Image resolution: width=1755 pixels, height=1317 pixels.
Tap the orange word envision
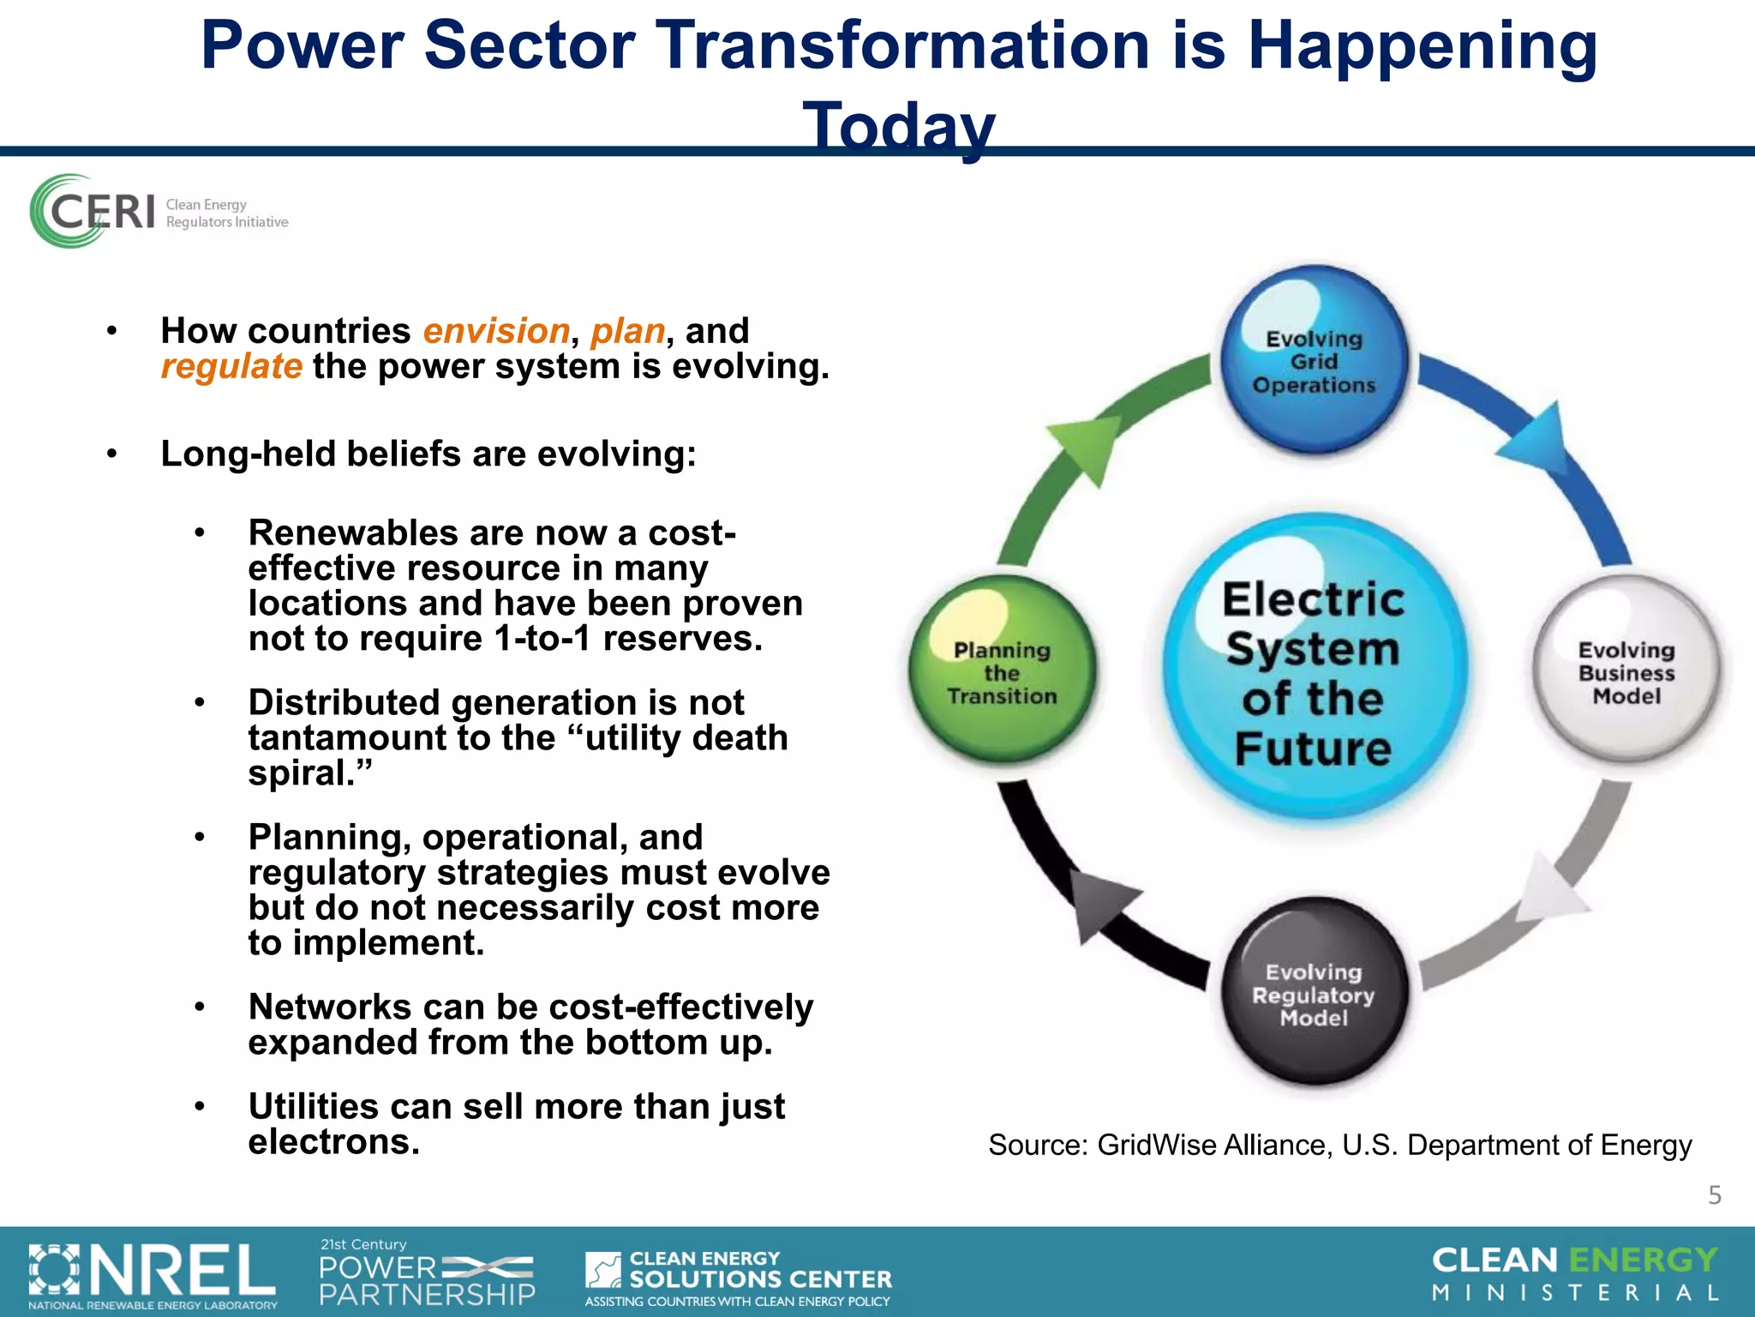[x=496, y=331]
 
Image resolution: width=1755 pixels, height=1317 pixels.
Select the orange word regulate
[x=231, y=367]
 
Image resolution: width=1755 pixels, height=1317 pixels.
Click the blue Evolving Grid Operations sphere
[x=1314, y=362]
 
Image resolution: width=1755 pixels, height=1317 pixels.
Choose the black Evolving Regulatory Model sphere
[x=1314, y=995]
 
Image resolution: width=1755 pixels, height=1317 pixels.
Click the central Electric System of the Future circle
[x=1314, y=673]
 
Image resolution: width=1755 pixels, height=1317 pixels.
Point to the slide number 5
[x=1714, y=1195]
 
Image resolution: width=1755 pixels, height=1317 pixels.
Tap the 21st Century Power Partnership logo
[x=427, y=1273]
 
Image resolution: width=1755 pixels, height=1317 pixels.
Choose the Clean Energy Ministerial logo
[x=1575, y=1274]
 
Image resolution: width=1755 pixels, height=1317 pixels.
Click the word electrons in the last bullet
[x=334, y=1142]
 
